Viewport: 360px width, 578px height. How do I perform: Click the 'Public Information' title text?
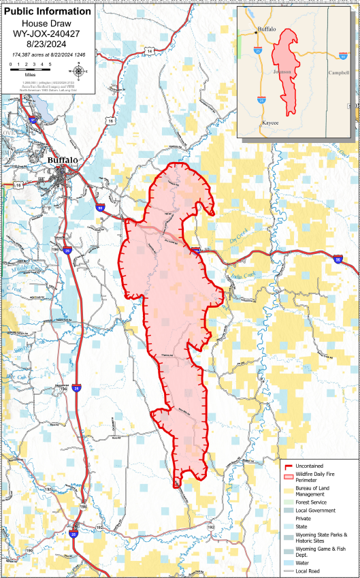coord(47,12)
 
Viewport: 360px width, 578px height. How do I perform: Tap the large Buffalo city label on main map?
coord(63,160)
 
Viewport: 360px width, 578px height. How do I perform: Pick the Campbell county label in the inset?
coord(338,72)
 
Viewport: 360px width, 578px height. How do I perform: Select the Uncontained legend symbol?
coord(289,466)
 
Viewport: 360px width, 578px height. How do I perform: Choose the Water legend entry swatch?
coord(289,563)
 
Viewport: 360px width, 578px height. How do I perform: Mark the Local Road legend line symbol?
coord(289,573)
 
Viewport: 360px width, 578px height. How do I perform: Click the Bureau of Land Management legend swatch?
coord(289,487)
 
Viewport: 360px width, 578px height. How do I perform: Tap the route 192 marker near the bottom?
coord(211,527)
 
